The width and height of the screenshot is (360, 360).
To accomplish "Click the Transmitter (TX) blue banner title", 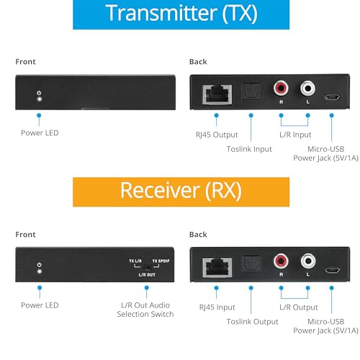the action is click(x=181, y=14).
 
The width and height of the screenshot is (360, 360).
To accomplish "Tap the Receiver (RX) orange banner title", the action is click(x=181, y=190).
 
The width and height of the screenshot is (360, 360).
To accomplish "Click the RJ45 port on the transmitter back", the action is click(x=217, y=94).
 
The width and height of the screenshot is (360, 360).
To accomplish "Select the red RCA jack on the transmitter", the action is click(x=281, y=88).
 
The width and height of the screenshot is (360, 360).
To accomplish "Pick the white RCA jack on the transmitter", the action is click(x=307, y=88).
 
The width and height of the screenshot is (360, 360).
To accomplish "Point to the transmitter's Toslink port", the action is click(x=251, y=91).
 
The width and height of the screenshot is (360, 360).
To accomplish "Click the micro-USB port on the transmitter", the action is click(x=332, y=97).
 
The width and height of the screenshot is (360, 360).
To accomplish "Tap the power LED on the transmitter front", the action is click(x=39, y=99).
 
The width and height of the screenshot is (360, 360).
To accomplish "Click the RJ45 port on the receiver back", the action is click(x=217, y=267).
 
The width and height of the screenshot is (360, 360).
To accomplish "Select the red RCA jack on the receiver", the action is click(x=281, y=261).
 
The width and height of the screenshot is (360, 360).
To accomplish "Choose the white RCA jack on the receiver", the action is click(x=307, y=261).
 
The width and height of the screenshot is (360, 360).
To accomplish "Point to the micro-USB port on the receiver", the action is click(x=332, y=270).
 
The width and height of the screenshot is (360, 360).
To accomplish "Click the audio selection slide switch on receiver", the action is click(x=148, y=267).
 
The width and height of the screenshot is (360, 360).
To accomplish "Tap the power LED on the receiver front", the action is click(x=40, y=271).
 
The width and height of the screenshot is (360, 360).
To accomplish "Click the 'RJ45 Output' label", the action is click(x=217, y=135).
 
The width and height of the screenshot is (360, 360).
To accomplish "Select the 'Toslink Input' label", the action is click(x=249, y=149).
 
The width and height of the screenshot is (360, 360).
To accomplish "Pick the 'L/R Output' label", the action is click(x=299, y=307).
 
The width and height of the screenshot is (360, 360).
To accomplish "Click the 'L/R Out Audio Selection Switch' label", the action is click(x=145, y=310).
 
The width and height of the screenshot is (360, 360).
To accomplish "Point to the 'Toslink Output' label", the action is click(x=253, y=322).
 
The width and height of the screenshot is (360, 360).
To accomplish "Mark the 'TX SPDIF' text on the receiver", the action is click(x=161, y=261).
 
